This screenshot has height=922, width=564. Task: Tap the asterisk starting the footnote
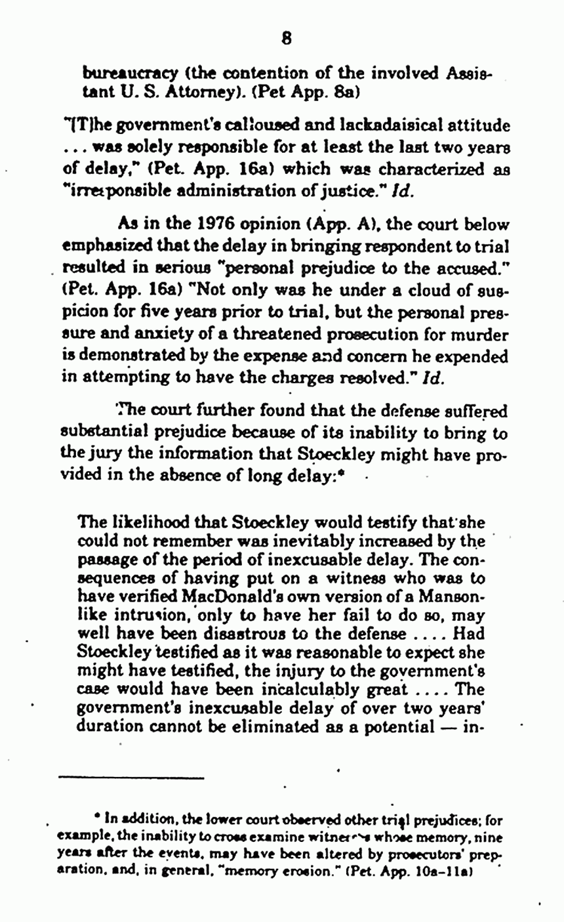(x=97, y=818)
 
